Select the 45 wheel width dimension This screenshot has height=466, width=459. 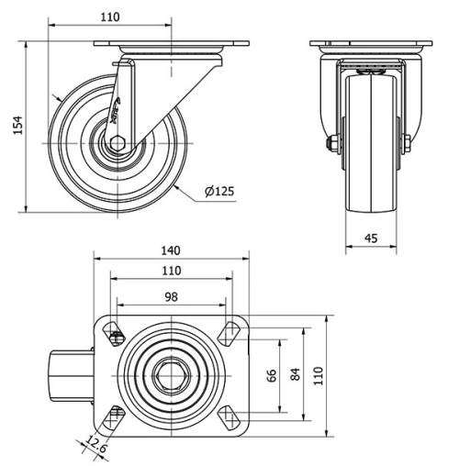tap(371, 239)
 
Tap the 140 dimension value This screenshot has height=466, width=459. tap(172, 250)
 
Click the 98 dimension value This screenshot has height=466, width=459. tap(172, 295)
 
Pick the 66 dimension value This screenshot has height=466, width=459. tap(272, 376)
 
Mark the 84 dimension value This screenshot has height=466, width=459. tap(296, 376)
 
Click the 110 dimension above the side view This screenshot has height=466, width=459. tap(109, 17)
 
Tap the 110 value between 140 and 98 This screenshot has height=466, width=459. tap(172, 272)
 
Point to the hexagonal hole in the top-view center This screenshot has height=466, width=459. tap(172, 375)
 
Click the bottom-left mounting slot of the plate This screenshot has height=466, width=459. tap(116, 417)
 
